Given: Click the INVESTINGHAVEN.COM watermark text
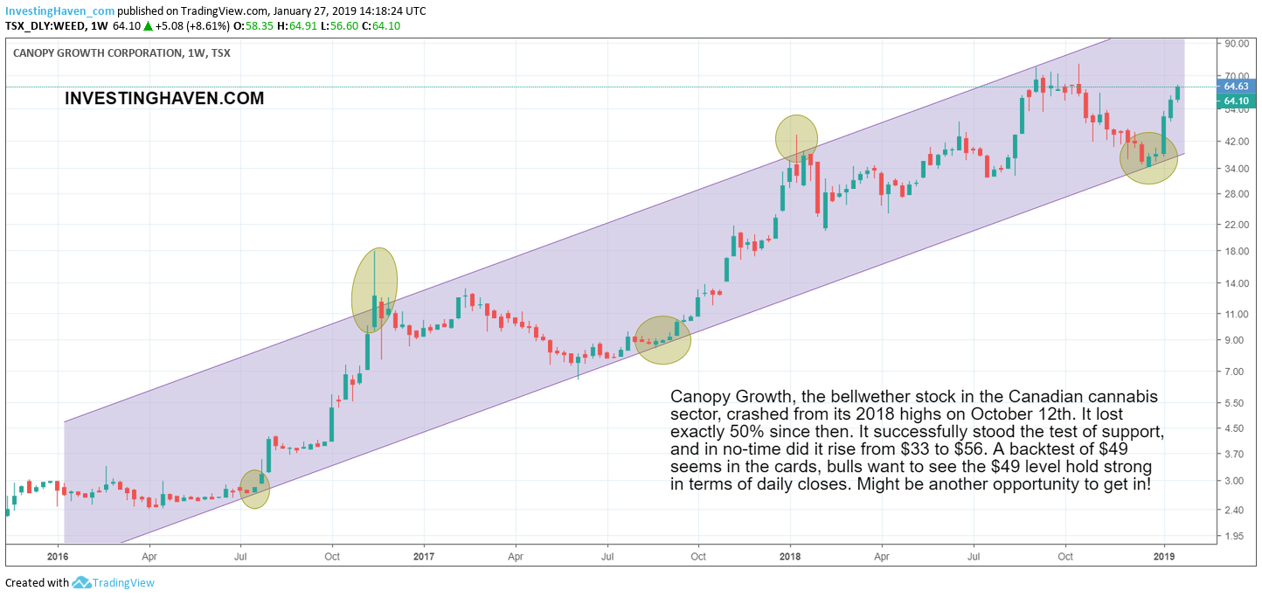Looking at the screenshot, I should tap(164, 99).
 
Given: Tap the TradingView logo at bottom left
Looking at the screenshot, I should tap(114, 583).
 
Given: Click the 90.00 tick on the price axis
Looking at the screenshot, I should tap(1235, 43).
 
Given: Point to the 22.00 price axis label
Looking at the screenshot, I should tap(1235, 225).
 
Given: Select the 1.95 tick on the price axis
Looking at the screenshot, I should tap(1235, 536).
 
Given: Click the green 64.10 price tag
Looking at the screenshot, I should tap(1235, 101).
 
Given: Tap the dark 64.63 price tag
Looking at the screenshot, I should tap(1235, 87).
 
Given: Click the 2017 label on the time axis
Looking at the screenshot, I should tap(423, 555).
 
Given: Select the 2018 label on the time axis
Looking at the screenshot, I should tap(789, 555).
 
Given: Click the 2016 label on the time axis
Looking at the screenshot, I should tap(57, 555).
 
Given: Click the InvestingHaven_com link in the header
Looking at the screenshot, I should tap(59, 11).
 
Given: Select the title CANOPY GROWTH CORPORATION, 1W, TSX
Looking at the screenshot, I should tap(121, 52).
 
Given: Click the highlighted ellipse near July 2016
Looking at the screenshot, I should tap(254, 489).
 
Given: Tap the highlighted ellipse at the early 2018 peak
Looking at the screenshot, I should tap(796, 137).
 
